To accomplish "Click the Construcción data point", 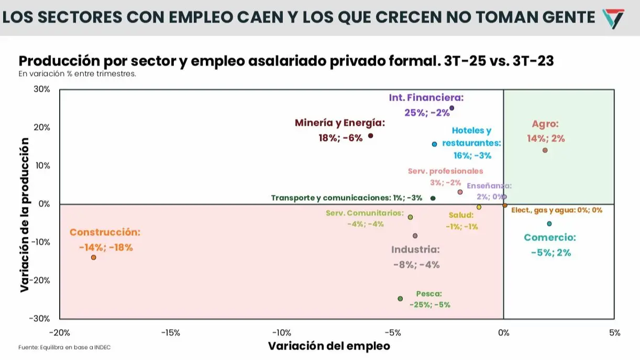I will [x=93, y=258].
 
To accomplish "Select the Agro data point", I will [x=545, y=150].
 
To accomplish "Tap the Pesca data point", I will [x=400, y=299].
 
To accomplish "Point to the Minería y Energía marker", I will [x=371, y=135].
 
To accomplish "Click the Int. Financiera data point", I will [x=452, y=108].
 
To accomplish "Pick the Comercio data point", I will [x=549, y=224].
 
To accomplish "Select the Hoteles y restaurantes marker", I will [x=434, y=144].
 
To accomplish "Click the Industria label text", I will [x=415, y=250].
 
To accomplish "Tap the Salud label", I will [x=461, y=215].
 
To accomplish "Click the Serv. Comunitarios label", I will [x=365, y=213].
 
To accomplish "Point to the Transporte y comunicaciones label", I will [x=346, y=198].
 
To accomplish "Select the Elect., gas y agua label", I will [x=556, y=211].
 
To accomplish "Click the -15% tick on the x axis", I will [x=170, y=333].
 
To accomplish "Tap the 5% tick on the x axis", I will [x=614, y=333].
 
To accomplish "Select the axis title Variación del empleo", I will [x=329, y=346].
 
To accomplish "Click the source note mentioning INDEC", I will [x=65, y=347].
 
